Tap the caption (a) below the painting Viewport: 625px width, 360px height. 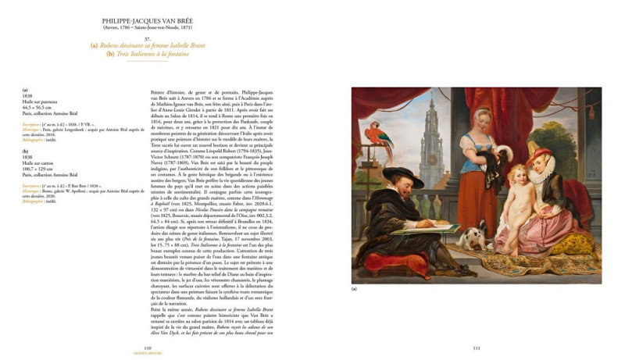pos(355,290)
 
